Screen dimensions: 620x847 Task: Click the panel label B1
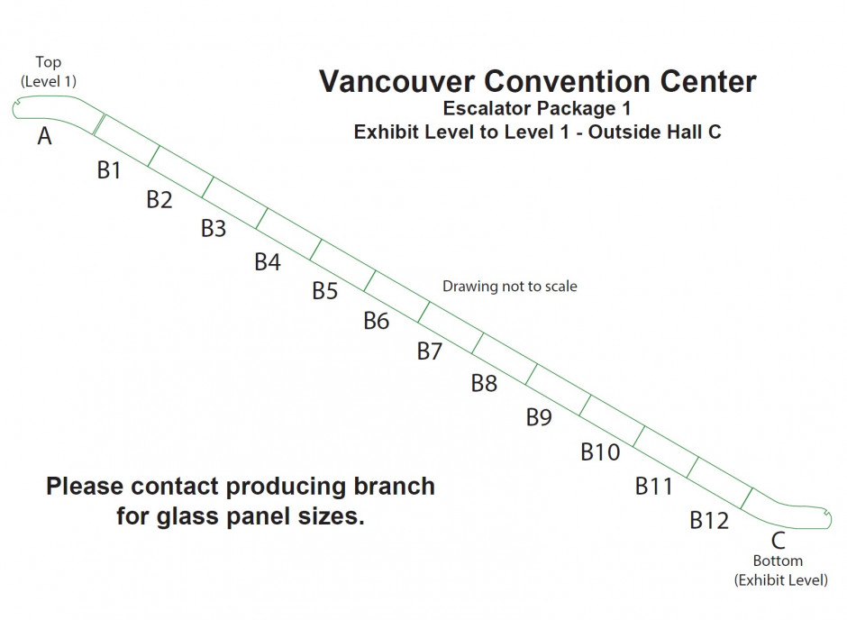109,169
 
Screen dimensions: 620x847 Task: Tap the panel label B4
268,262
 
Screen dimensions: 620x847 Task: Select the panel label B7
430,351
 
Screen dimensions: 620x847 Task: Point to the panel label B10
600,451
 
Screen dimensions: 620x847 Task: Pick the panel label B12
709,520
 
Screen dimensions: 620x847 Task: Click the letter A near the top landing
44,136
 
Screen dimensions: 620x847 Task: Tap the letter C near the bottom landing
779,541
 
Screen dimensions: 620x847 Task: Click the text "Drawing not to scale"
509,287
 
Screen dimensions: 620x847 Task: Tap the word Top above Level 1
49,62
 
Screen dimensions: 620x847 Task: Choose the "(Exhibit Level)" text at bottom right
780,579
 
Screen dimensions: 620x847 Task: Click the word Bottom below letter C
778,561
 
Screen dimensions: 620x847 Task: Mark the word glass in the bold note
189,518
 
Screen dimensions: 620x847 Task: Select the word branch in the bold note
395,487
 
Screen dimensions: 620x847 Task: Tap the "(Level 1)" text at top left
49,80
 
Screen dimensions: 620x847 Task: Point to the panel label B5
324,291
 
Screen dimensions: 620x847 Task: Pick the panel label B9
539,417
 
